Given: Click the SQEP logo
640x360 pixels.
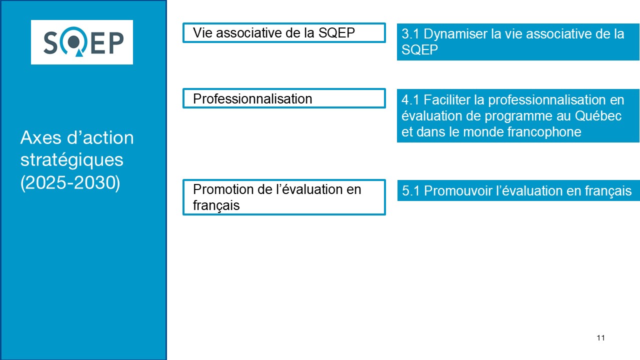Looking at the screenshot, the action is [x=82, y=42].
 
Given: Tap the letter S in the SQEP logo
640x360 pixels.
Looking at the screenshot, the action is [x=51, y=43].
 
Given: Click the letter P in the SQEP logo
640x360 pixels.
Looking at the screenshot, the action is [x=116, y=43].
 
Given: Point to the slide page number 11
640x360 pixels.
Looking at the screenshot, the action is [x=600, y=338].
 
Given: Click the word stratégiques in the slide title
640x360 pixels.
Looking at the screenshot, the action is [x=71, y=160].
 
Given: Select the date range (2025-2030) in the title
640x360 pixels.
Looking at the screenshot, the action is [x=70, y=183].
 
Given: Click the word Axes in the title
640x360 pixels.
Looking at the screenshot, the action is [x=41, y=137].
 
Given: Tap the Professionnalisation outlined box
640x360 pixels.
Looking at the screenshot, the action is [x=284, y=98].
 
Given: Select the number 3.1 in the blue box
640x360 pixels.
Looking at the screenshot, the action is [x=410, y=34].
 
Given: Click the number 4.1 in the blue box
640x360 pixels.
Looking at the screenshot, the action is [x=410, y=100].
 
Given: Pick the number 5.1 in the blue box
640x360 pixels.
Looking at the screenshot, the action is [x=411, y=191].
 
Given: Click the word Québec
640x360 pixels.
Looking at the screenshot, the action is [x=598, y=115].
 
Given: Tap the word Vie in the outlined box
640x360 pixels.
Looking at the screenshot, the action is [x=202, y=32].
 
